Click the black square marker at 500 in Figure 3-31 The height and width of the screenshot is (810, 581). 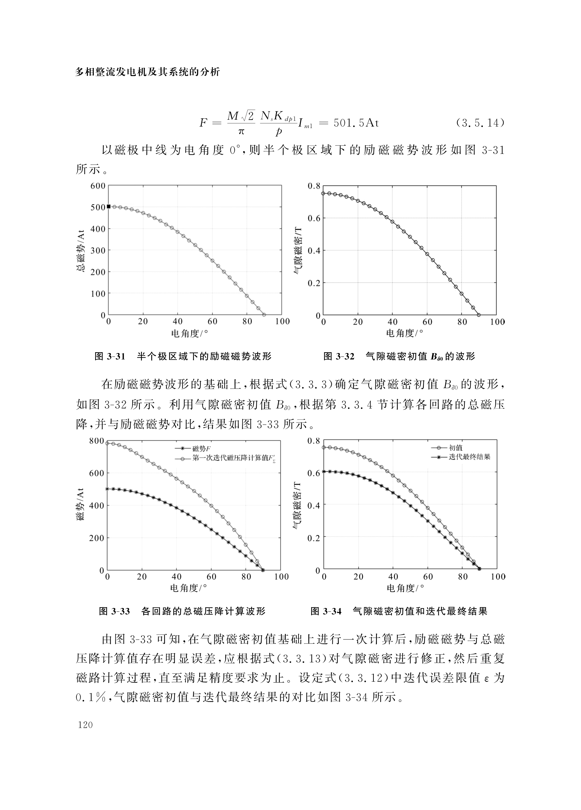click(109, 206)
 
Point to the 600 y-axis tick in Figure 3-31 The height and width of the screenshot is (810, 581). click(98, 186)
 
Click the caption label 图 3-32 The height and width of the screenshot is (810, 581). click(338, 356)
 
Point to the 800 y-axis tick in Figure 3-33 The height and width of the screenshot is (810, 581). click(97, 441)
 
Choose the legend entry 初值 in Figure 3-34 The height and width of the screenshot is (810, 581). click(456, 447)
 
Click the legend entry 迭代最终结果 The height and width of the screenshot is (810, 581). click(469, 457)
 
